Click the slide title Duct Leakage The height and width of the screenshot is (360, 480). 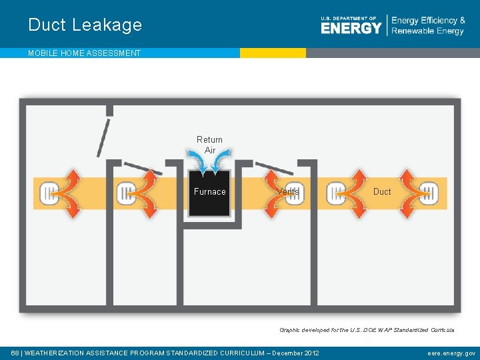85,25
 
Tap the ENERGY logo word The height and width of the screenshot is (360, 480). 351,28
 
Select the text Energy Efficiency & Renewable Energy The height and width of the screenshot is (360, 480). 428,26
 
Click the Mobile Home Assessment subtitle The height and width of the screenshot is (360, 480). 84,53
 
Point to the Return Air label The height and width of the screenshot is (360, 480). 209,145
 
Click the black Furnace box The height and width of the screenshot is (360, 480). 209,193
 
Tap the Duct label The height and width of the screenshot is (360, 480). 382,192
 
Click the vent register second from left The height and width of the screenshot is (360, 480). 126,194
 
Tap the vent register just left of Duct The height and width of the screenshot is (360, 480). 336,194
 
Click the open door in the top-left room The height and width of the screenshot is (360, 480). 103,137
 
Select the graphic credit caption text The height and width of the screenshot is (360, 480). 367,330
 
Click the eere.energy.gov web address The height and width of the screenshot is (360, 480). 451,353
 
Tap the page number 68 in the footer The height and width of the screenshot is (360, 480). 15,353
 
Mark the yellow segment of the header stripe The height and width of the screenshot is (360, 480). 273,53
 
